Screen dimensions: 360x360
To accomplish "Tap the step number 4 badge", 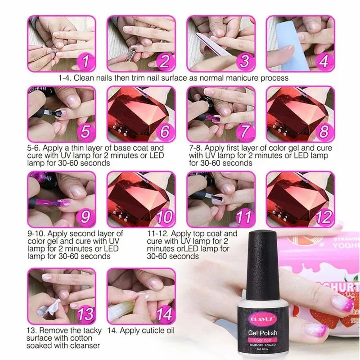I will (323, 62).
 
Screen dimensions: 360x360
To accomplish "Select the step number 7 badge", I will (244, 132).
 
